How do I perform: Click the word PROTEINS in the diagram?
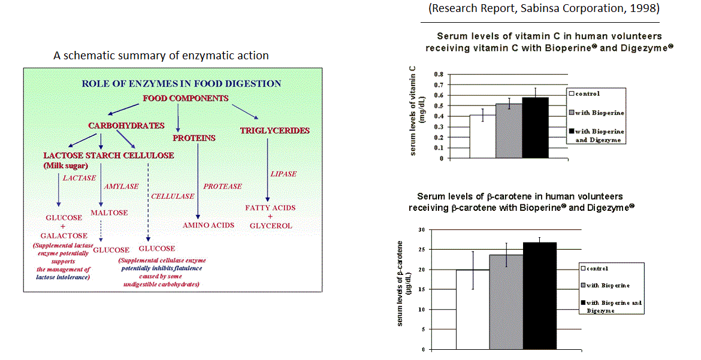pos(194,138)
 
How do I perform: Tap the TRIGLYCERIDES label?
pos(275,130)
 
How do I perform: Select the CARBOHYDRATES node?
pos(126,126)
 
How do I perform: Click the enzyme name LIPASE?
pos(283,174)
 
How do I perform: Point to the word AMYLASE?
pos(122,187)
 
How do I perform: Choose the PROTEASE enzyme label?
pos(222,186)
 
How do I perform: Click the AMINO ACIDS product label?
pos(209,225)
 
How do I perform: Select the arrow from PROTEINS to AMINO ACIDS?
pos(197,180)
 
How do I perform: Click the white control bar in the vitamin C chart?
pos(482,137)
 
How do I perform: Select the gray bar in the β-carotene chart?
pos(506,302)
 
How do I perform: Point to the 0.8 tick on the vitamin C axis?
pos(439,75)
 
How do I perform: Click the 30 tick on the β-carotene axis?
pos(422,229)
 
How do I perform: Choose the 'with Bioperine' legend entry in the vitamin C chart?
pos(596,113)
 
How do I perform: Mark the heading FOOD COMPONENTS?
pos(185,98)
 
